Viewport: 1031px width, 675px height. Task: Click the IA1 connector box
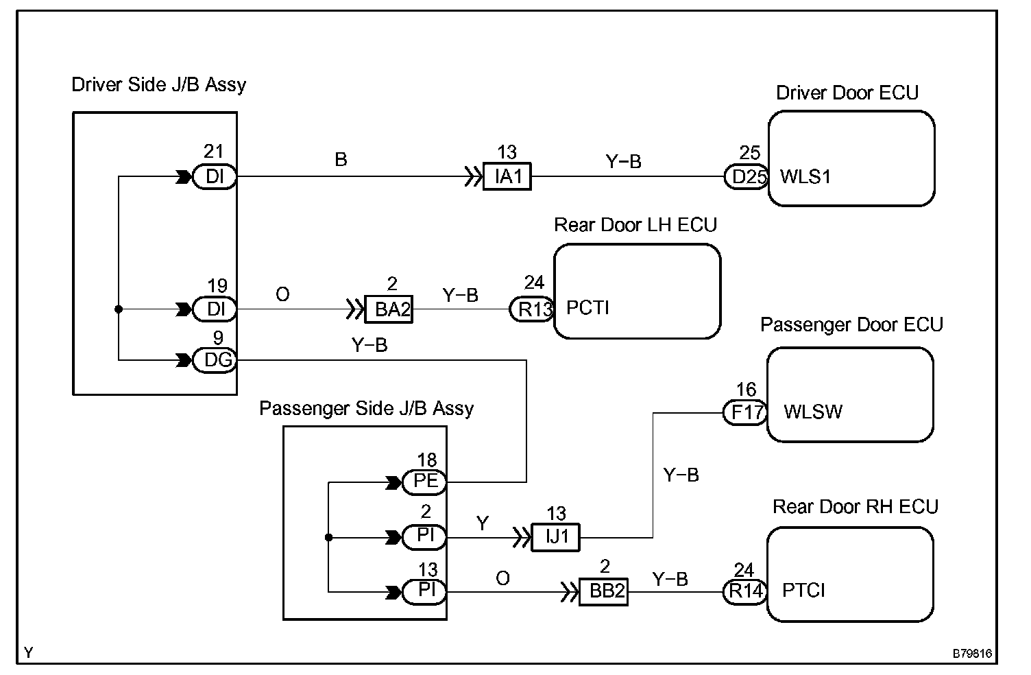(x=507, y=176)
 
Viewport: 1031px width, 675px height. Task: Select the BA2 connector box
(x=389, y=309)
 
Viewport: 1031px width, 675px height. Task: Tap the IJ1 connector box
(x=555, y=537)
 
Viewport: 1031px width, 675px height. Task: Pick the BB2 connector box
(x=603, y=592)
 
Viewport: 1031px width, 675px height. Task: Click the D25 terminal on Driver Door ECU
(x=746, y=177)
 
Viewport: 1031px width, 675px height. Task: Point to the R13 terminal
(x=532, y=309)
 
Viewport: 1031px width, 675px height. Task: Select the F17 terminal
(x=745, y=413)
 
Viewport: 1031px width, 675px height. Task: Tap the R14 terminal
(x=745, y=592)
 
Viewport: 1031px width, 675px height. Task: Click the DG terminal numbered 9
(x=215, y=360)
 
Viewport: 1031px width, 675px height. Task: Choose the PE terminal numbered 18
(x=424, y=482)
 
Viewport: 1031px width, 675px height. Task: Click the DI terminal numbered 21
(x=215, y=176)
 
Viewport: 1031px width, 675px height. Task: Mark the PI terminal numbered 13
(x=424, y=592)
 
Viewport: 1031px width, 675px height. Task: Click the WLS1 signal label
(x=805, y=177)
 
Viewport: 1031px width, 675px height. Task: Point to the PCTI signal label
(x=587, y=307)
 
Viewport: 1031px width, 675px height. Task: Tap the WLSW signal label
(x=813, y=412)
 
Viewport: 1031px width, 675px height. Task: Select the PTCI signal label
(x=803, y=590)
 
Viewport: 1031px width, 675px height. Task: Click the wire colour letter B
(x=341, y=159)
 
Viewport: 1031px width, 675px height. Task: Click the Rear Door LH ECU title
(x=635, y=225)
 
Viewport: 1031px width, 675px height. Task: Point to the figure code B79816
(x=972, y=653)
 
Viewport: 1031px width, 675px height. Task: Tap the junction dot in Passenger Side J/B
(x=328, y=537)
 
